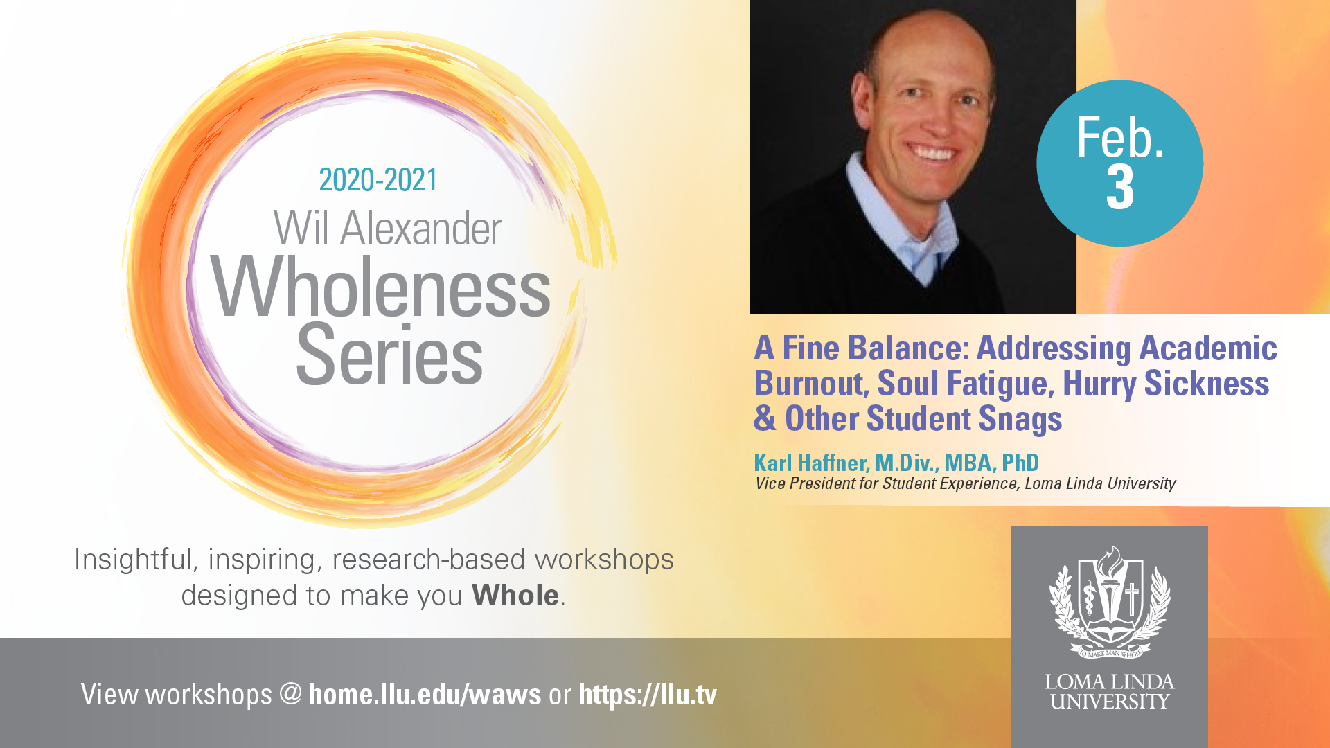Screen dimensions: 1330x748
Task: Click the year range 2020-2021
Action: pos(378,180)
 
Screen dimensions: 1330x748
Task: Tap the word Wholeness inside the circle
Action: pos(380,287)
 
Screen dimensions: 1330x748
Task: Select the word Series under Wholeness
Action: pos(389,355)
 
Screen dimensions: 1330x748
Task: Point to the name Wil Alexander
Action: pos(387,228)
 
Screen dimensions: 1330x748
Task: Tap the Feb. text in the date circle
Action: pos(1119,137)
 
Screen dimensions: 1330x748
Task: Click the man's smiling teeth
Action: pos(932,152)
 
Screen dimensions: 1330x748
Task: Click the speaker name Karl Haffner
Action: pos(810,463)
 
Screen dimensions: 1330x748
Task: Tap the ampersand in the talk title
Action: pos(765,418)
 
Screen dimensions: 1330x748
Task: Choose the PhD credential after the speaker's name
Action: pos(1020,462)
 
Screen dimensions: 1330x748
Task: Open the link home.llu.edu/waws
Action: pos(425,694)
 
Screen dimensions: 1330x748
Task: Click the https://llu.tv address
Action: pos(648,694)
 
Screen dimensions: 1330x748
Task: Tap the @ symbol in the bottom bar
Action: pos(291,694)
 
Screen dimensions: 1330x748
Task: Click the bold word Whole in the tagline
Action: pos(515,595)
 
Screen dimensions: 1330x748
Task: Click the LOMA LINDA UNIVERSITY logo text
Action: pos(1110,691)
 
